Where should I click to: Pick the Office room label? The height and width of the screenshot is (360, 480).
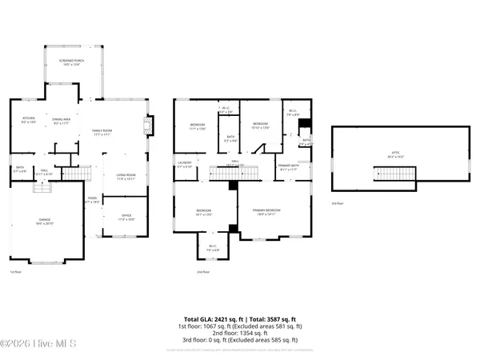[x=126, y=216]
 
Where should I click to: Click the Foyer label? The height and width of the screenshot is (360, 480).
[x=94, y=201]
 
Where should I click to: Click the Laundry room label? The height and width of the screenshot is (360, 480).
[x=184, y=165]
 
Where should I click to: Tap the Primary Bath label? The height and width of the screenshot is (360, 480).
[x=288, y=167]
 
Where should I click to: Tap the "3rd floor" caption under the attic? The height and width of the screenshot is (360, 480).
[x=338, y=203]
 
